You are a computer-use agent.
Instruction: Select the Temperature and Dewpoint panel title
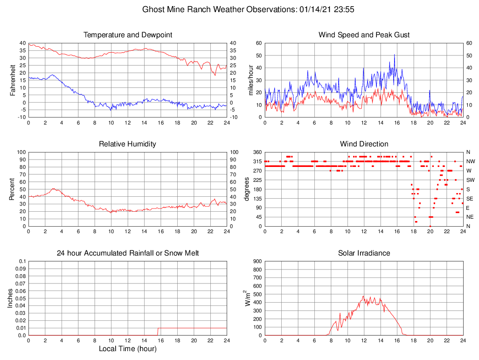pos(127,35)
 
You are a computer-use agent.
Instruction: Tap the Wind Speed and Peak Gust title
pos(364,35)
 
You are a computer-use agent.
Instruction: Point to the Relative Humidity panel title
pos(127,144)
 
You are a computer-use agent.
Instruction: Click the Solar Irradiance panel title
pos(364,253)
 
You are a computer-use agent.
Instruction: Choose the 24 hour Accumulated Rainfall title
pos(127,253)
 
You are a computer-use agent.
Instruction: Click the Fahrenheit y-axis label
pos(13,80)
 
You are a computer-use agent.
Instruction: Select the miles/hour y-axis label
pos(250,80)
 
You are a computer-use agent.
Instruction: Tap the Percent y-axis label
pos(13,189)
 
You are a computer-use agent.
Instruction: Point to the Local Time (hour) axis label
pos(127,349)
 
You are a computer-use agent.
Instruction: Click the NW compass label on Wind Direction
pos(470,161)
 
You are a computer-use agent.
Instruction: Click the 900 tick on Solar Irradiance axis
pos(257,261)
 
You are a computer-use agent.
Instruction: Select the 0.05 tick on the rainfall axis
pos(21,298)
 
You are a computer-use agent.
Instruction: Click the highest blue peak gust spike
pos(394,55)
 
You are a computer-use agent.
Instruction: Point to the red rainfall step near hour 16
pos(158,331)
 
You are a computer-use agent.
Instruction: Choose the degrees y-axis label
pos(247,189)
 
